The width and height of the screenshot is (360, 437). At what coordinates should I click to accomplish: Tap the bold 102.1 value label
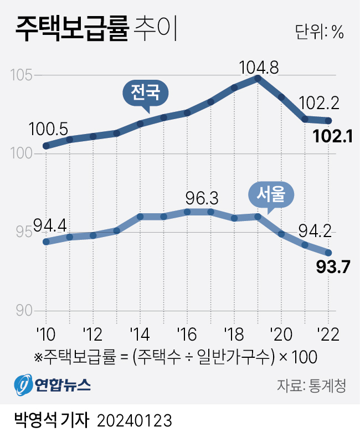[x=333, y=136]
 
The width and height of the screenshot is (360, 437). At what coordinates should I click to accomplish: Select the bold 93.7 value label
[x=333, y=268]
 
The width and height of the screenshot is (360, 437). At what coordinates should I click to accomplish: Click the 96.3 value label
[x=203, y=198]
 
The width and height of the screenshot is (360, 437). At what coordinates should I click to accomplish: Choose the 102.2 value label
[x=318, y=103]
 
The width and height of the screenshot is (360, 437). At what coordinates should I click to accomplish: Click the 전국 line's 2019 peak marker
[x=258, y=78]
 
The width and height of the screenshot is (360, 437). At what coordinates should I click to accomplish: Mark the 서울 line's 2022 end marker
[x=328, y=252]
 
